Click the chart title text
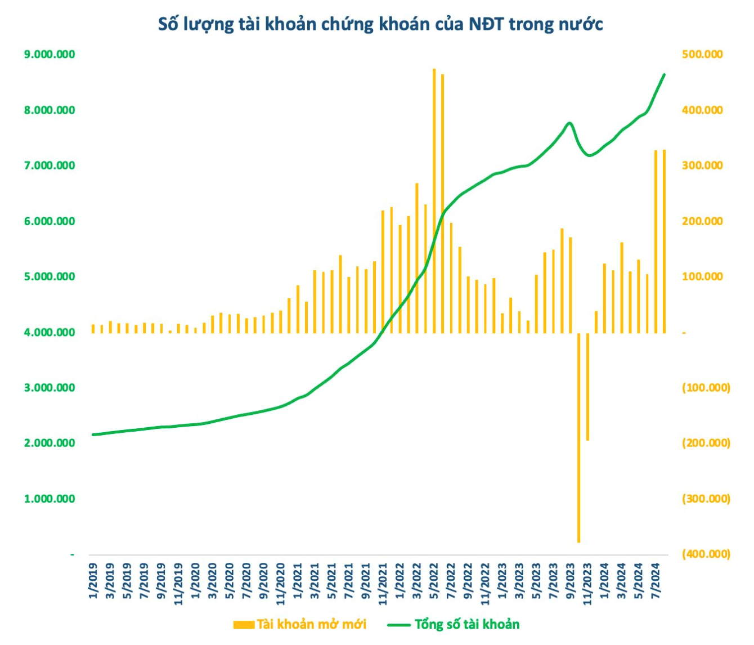pyautogui.click(x=380, y=24)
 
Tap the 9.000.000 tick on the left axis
pyautogui.click(x=50, y=55)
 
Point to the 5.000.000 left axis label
pyautogui.click(x=50, y=276)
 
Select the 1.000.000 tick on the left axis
pyautogui.click(x=50, y=499)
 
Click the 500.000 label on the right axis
pyautogui.click(x=702, y=55)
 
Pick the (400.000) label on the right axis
pyautogui.click(x=706, y=554)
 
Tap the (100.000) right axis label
pyautogui.click(x=706, y=388)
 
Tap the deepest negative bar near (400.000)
pyautogui.click(x=578, y=439)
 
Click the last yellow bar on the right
pyautogui.click(x=665, y=242)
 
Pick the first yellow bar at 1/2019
pyautogui.click(x=93, y=329)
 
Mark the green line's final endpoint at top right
pyautogui.click(x=665, y=74)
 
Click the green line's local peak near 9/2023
pyautogui.click(x=570, y=123)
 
